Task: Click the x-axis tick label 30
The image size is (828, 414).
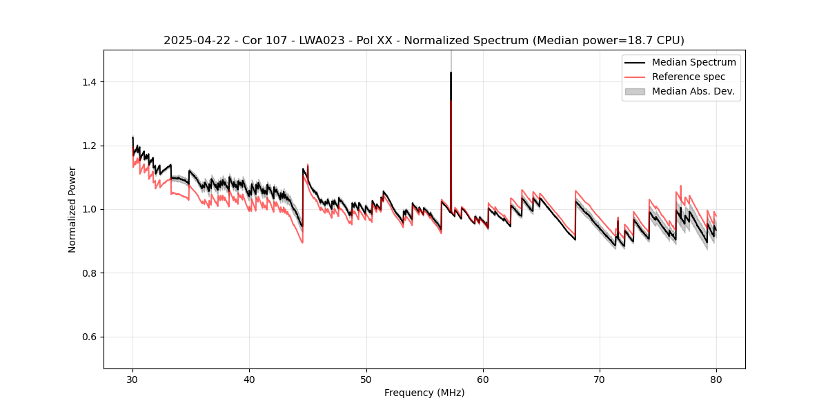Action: point(132,379)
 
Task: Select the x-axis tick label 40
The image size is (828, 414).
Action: point(249,379)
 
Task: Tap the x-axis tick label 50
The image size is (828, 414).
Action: point(366,379)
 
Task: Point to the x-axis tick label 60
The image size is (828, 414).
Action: point(482,379)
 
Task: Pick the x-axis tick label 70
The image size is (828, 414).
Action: point(600,379)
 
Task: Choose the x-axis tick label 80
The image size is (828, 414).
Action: point(716,379)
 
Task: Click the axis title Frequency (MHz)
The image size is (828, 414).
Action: point(424,393)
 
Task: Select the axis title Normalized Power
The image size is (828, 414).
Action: point(72,209)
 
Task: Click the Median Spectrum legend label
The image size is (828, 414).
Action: point(693,62)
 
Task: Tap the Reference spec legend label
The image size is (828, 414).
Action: point(689,77)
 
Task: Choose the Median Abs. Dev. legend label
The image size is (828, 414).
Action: point(693,91)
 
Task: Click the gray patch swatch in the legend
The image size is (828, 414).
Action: point(635,91)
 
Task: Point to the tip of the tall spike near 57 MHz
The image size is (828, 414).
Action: point(451,72)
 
